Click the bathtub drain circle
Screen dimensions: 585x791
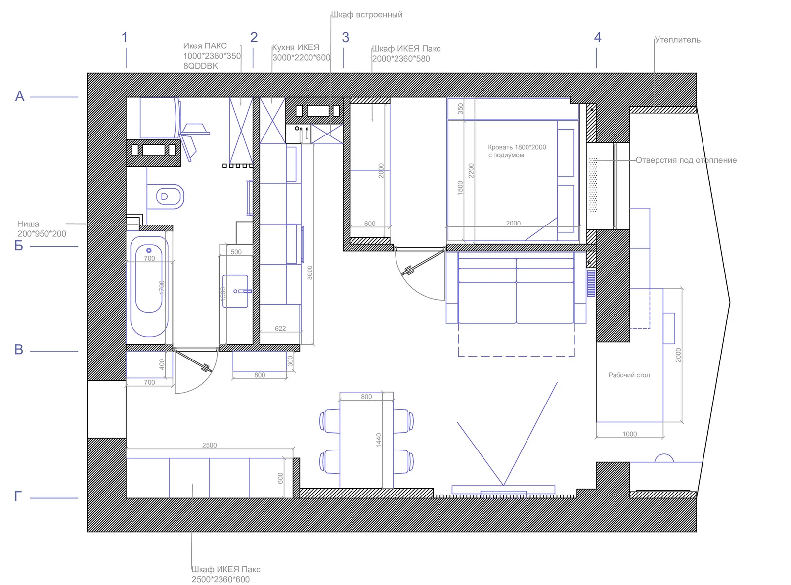(149, 251)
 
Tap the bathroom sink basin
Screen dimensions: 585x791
(235, 291)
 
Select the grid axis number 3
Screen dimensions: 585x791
(345, 38)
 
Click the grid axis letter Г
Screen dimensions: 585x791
(18, 496)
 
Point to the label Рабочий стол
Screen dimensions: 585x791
(629, 375)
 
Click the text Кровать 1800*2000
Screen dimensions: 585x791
(517, 147)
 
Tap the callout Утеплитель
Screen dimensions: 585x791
(677, 40)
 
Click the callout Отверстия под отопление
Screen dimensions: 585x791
(686, 160)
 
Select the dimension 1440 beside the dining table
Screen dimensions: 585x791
(379, 440)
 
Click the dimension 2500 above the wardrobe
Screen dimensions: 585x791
(209, 445)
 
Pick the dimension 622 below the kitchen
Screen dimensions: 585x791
(280, 328)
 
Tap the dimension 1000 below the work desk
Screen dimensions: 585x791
(629, 434)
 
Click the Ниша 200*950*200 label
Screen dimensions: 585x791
(42, 229)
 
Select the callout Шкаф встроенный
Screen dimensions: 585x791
(367, 15)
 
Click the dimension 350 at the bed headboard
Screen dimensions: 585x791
(460, 108)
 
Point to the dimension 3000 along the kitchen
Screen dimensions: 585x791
(310, 272)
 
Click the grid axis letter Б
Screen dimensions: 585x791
(19, 246)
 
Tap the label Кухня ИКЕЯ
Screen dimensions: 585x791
(296, 47)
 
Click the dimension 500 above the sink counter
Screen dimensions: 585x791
(236, 252)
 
